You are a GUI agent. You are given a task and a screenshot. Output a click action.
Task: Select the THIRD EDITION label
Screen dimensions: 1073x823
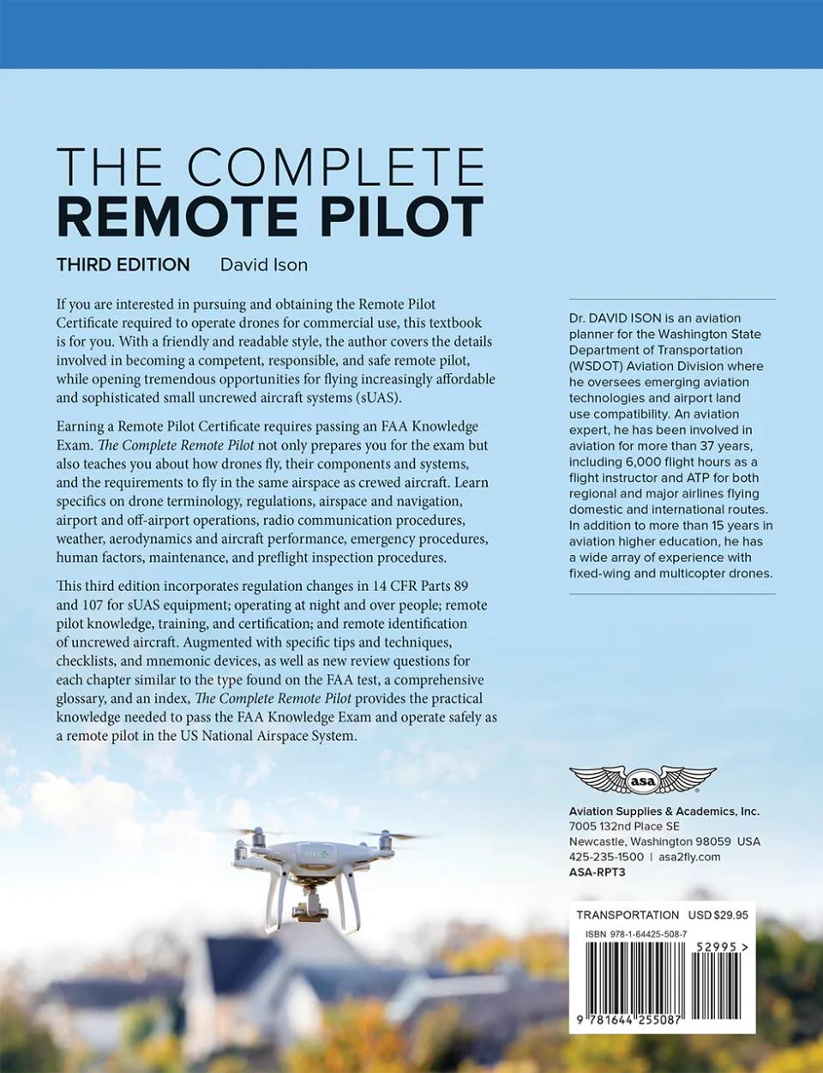pos(123,265)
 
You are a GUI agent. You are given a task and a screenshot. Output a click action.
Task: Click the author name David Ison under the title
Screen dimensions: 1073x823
pos(263,265)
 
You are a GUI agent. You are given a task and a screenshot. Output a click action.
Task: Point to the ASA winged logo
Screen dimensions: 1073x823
pos(642,781)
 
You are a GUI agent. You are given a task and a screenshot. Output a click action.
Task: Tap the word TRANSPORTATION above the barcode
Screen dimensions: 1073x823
pos(628,915)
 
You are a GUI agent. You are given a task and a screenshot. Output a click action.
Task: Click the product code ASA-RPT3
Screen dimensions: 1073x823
pos(598,872)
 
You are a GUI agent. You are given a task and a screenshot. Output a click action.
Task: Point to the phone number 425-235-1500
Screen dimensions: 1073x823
pos(606,857)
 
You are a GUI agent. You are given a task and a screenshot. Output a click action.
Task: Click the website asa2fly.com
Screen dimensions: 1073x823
pos(689,857)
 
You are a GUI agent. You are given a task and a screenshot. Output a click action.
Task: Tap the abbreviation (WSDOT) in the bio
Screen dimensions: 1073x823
pos(598,366)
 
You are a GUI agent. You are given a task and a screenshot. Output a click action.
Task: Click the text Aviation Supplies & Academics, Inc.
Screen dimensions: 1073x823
pos(664,811)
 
